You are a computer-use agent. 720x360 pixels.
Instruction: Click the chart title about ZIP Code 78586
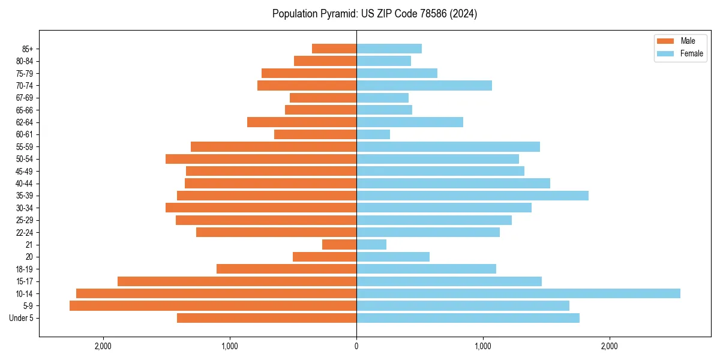(374, 14)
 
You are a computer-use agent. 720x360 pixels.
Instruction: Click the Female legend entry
(680, 53)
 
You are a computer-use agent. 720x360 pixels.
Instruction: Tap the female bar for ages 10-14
(518, 293)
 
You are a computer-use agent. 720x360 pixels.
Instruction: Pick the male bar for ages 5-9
(213, 305)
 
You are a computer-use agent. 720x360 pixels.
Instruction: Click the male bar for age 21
(340, 244)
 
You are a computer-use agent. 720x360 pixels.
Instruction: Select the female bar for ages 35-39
(472, 196)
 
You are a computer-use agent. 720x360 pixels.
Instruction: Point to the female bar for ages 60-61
(373, 134)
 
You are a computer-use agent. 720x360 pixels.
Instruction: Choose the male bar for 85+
(334, 49)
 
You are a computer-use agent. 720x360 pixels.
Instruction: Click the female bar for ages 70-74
(424, 85)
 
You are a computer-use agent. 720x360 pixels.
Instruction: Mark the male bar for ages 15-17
(237, 281)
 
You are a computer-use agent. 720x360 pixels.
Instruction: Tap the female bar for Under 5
(468, 318)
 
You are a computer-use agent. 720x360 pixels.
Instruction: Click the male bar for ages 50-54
(261, 159)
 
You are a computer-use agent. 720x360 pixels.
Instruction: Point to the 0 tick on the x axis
(356, 346)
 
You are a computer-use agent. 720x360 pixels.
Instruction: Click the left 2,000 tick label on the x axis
(103, 346)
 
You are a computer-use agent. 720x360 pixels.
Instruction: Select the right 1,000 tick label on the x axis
(483, 346)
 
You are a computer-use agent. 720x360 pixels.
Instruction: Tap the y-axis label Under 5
(22, 318)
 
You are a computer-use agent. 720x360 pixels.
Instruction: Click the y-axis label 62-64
(25, 122)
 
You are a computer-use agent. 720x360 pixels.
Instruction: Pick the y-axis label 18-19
(25, 269)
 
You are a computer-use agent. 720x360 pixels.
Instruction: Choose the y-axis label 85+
(27, 49)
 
